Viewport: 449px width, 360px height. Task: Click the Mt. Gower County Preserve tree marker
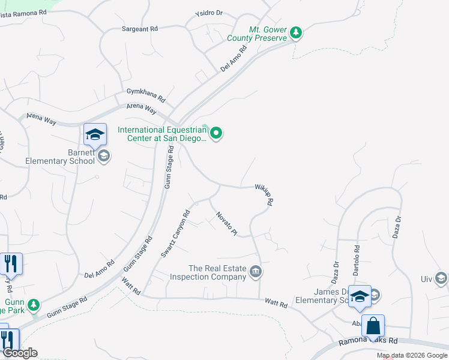pyautogui.click(x=296, y=32)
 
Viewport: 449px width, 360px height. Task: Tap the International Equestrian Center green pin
pyautogui.click(x=217, y=133)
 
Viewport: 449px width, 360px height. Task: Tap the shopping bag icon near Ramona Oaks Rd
pyautogui.click(x=373, y=327)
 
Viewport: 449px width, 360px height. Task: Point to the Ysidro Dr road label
pyautogui.click(x=209, y=13)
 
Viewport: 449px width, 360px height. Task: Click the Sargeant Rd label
pyautogui.click(x=139, y=28)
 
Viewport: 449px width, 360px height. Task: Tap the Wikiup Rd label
pyautogui.click(x=264, y=195)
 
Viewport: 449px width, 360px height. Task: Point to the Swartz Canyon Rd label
pyautogui.click(x=175, y=233)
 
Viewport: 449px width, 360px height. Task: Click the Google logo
pyautogui.click(x=20, y=353)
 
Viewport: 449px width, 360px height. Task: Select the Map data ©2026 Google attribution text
pyautogui.click(x=411, y=355)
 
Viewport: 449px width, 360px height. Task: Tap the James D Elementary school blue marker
pyautogui.click(x=360, y=298)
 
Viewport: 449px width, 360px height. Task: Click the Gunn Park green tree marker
pyautogui.click(x=34, y=304)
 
